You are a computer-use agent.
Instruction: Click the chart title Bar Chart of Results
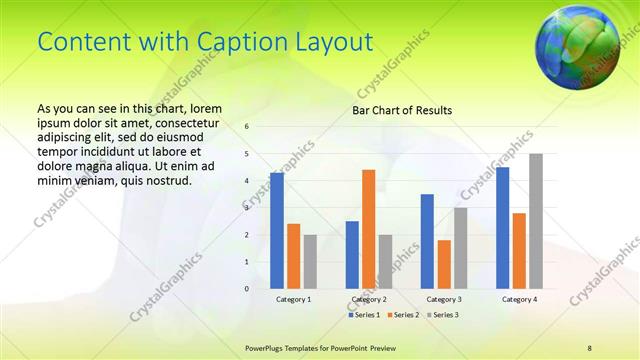402,110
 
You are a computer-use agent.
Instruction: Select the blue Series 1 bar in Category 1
277,230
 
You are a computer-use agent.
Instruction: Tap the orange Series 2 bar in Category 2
368,229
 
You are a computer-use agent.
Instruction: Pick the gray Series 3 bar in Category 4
536,221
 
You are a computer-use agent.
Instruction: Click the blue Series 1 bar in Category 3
427,241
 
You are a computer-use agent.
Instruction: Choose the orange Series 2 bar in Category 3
444,264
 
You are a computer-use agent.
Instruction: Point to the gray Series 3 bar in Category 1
310,261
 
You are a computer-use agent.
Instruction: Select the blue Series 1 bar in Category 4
502,227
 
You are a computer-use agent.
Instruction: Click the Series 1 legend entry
365,315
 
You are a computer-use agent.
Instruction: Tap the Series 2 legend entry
403,315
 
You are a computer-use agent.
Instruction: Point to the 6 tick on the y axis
247,127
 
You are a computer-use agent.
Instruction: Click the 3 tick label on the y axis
247,208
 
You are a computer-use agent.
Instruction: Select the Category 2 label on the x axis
369,299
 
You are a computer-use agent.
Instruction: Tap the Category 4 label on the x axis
519,299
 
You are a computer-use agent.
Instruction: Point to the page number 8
589,346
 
